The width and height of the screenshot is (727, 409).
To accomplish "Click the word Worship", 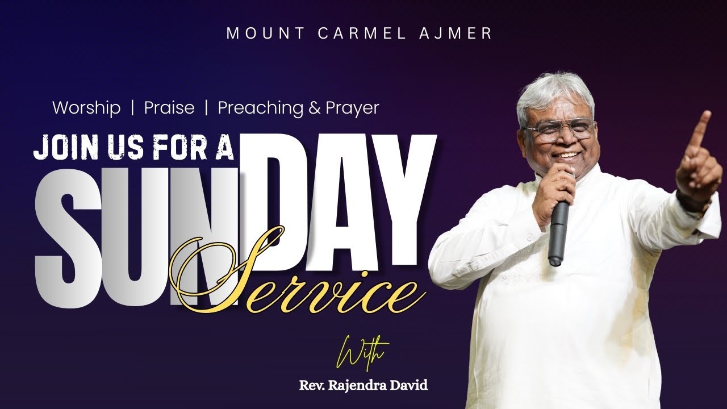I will (x=86, y=108).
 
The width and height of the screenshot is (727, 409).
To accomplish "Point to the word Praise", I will (x=169, y=108).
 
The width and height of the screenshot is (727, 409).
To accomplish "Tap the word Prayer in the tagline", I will (x=352, y=108).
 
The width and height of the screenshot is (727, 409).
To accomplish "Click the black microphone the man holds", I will (x=558, y=227).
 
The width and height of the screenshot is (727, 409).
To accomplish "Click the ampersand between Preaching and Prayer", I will (x=315, y=108).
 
